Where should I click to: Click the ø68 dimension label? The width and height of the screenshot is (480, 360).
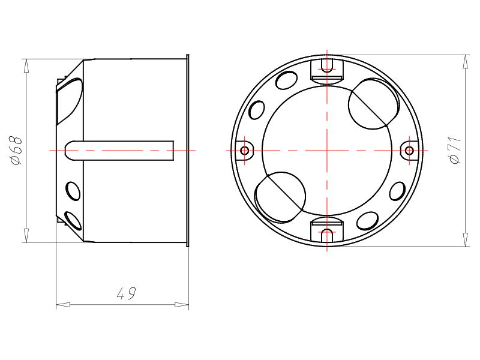[x=17, y=151]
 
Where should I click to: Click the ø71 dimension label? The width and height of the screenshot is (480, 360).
[x=455, y=150]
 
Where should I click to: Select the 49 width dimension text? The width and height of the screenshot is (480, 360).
[x=125, y=293]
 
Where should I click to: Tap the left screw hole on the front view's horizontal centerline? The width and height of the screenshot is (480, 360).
[x=244, y=150]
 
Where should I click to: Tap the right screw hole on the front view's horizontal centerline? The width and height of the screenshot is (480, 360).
[x=409, y=150]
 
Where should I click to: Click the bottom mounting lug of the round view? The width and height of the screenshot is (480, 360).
[x=327, y=232]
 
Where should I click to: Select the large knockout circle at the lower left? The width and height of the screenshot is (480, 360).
[x=280, y=196]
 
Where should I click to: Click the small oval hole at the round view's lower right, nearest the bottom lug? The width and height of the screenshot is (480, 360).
[x=365, y=221]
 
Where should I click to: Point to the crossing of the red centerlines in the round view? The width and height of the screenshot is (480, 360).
[x=327, y=150]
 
